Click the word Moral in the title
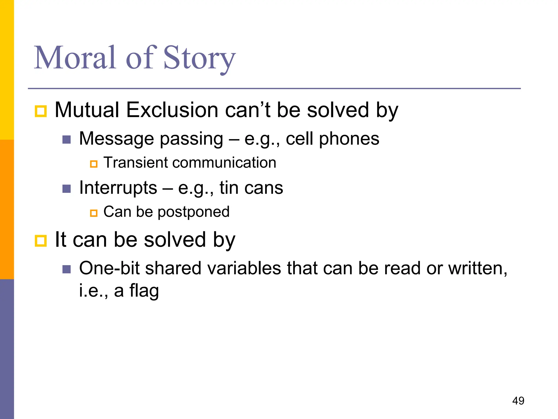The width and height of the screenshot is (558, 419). (x=75, y=58)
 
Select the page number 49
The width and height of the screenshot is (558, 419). (x=518, y=401)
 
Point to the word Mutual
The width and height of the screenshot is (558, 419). (x=87, y=110)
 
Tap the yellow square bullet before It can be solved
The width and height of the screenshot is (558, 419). (x=41, y=241)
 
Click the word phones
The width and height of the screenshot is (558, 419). (x=349, y=139)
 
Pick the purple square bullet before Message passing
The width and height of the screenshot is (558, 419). (x=66, y=140)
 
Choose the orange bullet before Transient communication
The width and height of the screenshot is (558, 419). (x=94, y=164)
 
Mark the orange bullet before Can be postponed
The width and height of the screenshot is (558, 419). (x=94, y=213)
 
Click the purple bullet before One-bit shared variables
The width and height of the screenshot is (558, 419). (x=66, y=270)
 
